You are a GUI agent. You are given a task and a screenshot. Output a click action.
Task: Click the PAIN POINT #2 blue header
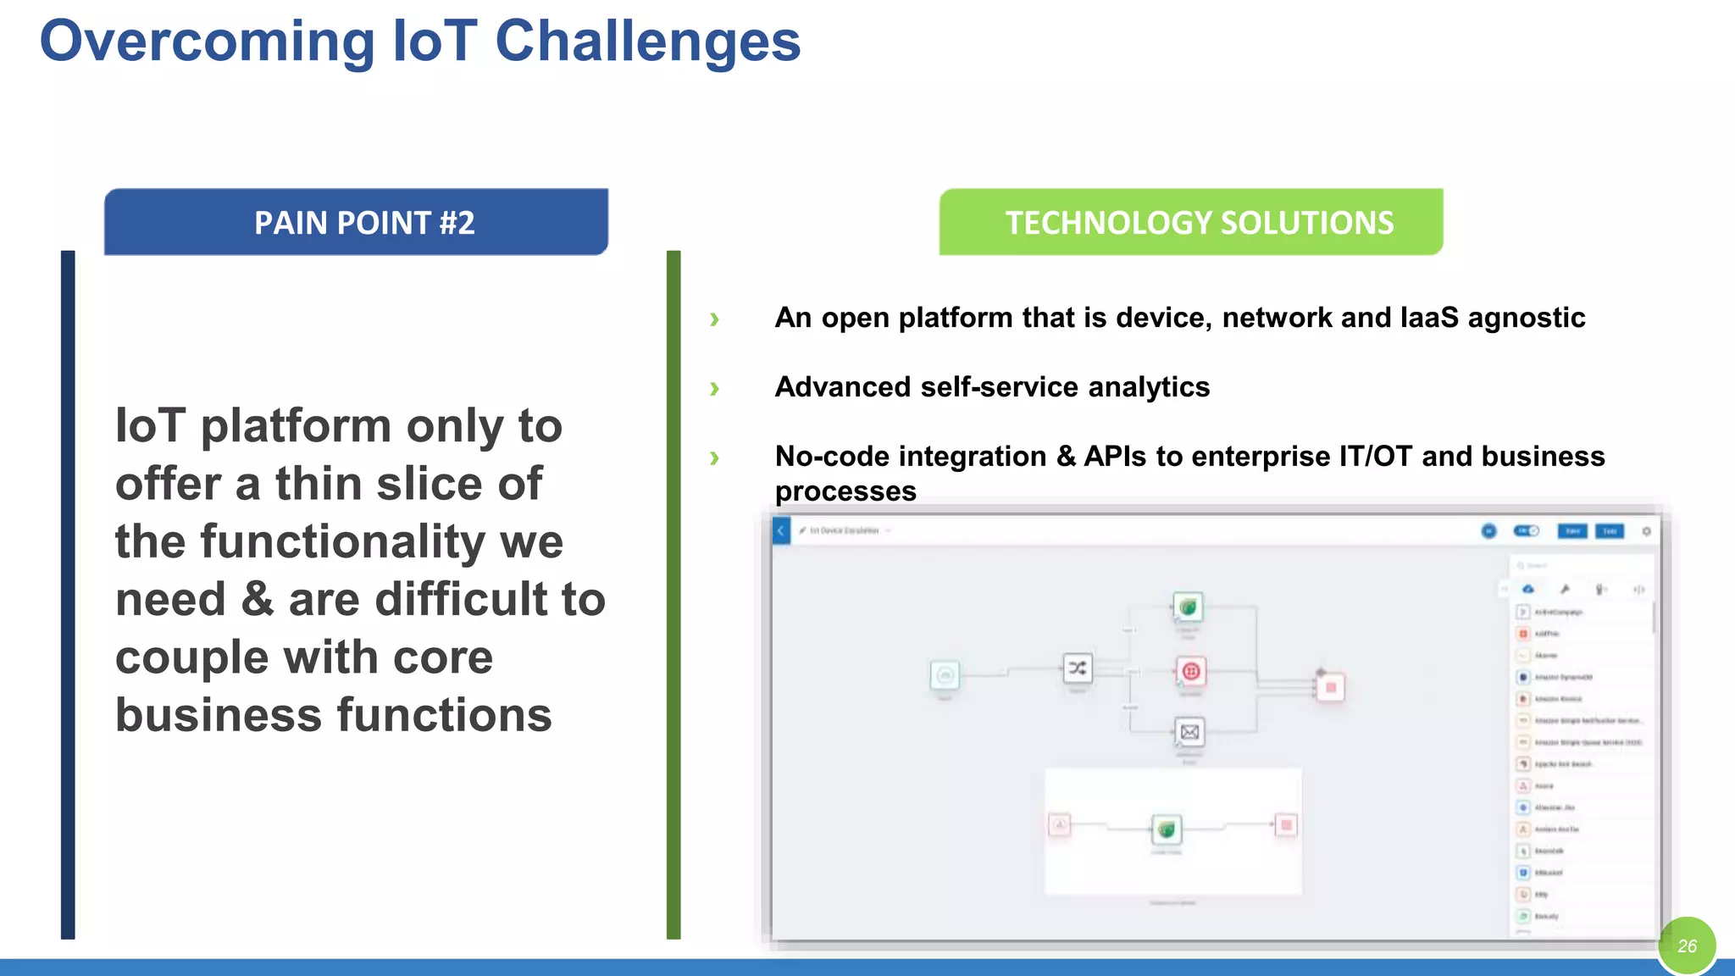356,222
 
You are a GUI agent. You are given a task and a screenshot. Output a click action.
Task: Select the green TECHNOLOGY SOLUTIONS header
1190,222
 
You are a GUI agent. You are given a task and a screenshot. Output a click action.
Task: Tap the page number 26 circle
1686,945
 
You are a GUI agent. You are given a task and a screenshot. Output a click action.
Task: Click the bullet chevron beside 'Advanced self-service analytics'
714,389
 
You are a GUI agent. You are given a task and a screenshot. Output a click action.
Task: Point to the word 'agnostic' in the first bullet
1526,318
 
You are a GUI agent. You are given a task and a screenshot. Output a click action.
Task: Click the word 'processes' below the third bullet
845,491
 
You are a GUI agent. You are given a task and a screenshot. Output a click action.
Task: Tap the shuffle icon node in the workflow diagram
1077,668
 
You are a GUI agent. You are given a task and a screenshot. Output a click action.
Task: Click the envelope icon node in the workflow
1189,732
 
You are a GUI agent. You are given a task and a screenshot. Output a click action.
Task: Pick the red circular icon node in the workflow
1191,672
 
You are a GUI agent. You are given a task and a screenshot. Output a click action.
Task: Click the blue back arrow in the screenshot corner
781,531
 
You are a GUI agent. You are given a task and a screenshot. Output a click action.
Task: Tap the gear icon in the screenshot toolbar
1646,531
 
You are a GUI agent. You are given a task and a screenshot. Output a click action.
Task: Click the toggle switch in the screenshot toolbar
1527,531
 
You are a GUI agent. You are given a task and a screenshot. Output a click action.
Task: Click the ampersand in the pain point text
257,600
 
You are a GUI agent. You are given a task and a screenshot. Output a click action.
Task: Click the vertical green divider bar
673,593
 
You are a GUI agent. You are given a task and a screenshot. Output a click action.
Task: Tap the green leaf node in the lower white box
1167,829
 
